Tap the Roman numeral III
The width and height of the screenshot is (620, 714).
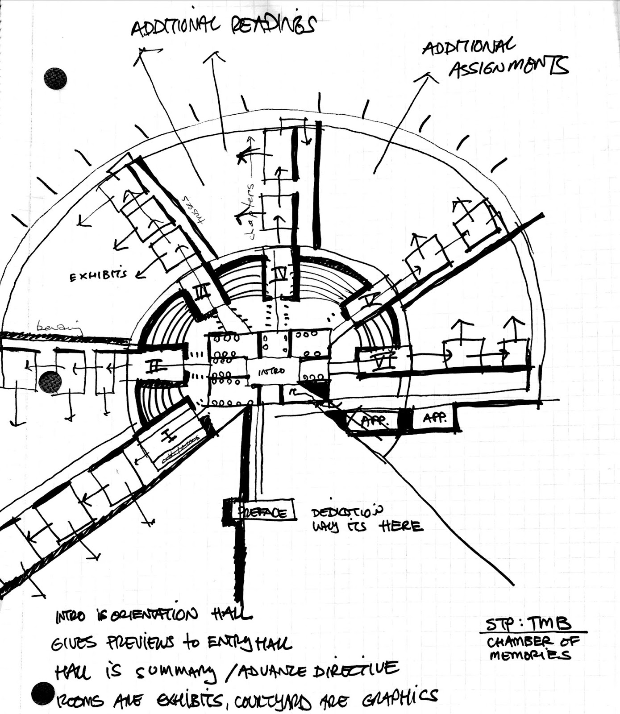pos(201,293)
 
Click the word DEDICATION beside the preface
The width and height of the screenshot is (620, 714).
pos(347,511)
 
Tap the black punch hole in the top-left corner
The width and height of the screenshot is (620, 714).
pos(55,79)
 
